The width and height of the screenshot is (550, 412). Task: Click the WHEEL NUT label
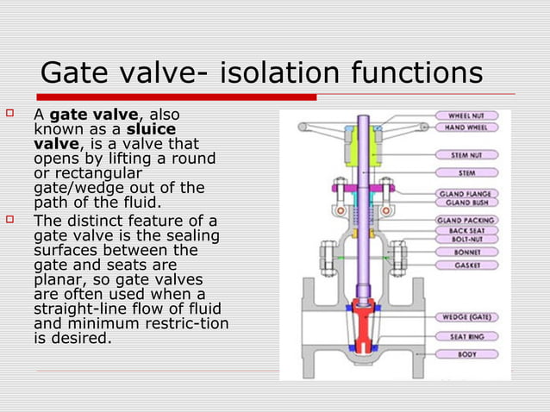coord(471,115)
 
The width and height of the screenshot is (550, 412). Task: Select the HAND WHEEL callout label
coord(471,127)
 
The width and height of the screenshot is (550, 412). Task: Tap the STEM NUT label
coord(471,156)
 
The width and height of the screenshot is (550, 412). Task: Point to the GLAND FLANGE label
coord(471,194)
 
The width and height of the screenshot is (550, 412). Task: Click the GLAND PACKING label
coord(471,221)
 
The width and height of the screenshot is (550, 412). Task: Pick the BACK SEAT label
coord(471,232)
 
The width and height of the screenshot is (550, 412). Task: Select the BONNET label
coord(471,253)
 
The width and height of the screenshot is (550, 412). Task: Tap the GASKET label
coord(471,265)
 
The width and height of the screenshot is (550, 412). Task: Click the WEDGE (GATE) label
coord(471,316)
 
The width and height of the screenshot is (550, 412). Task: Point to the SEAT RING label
coord(471,336)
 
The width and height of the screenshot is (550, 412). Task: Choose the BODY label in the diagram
coord(471,353)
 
